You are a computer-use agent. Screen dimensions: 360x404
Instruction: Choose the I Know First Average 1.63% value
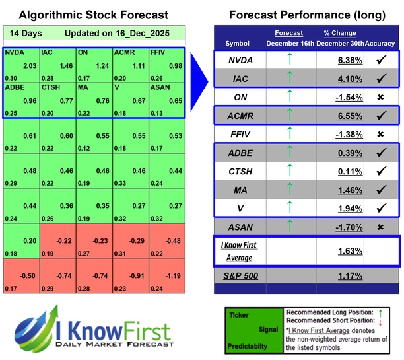pyautogui.click(x=349, y=251)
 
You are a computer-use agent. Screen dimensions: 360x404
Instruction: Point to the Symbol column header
pyautogui.click(x=238, y=43)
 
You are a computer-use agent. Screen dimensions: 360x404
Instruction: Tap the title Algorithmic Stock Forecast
pyautogui.click(x=93, y=15)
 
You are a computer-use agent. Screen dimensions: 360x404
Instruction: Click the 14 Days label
pyautogui.click(x=24, y=32)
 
